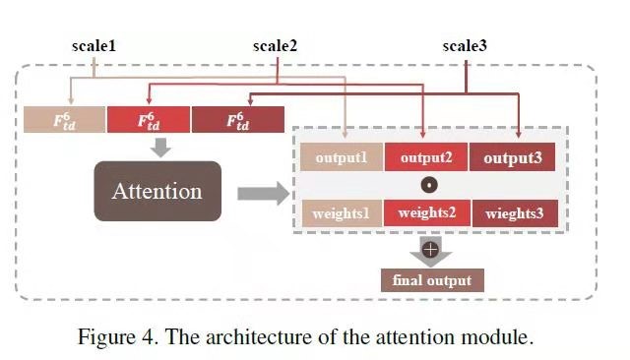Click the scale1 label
94,46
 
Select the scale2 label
275,46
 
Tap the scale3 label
465,46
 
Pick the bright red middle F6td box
149,120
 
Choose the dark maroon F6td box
235,120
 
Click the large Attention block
157,191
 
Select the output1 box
341,157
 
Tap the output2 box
425,157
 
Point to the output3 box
512,157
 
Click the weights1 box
341,213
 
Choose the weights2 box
425,213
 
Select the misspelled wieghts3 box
514,213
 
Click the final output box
432,280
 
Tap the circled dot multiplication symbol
428,185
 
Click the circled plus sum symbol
429,250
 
